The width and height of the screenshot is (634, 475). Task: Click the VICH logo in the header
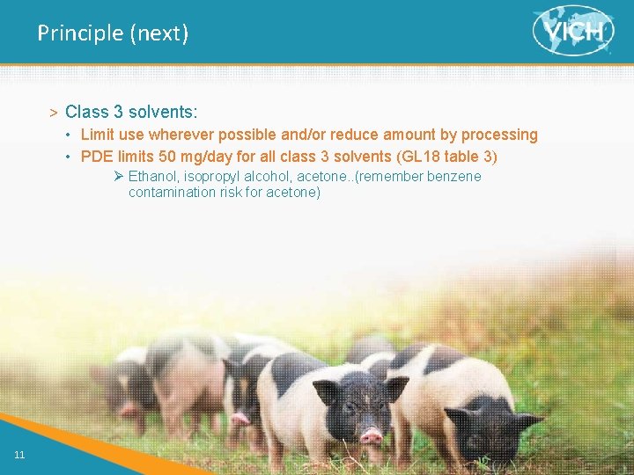(x=573, y=32)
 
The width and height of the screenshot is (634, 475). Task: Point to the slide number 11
(x=19, y=454)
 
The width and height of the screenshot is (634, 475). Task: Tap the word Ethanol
(x=153, y=176)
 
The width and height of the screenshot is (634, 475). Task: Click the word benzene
(x=453, y=176)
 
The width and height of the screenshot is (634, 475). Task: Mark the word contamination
(x=169, y=192)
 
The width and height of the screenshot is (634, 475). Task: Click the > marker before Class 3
(x=54, y=113)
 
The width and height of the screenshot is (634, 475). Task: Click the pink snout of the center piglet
(x=372, y=435)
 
